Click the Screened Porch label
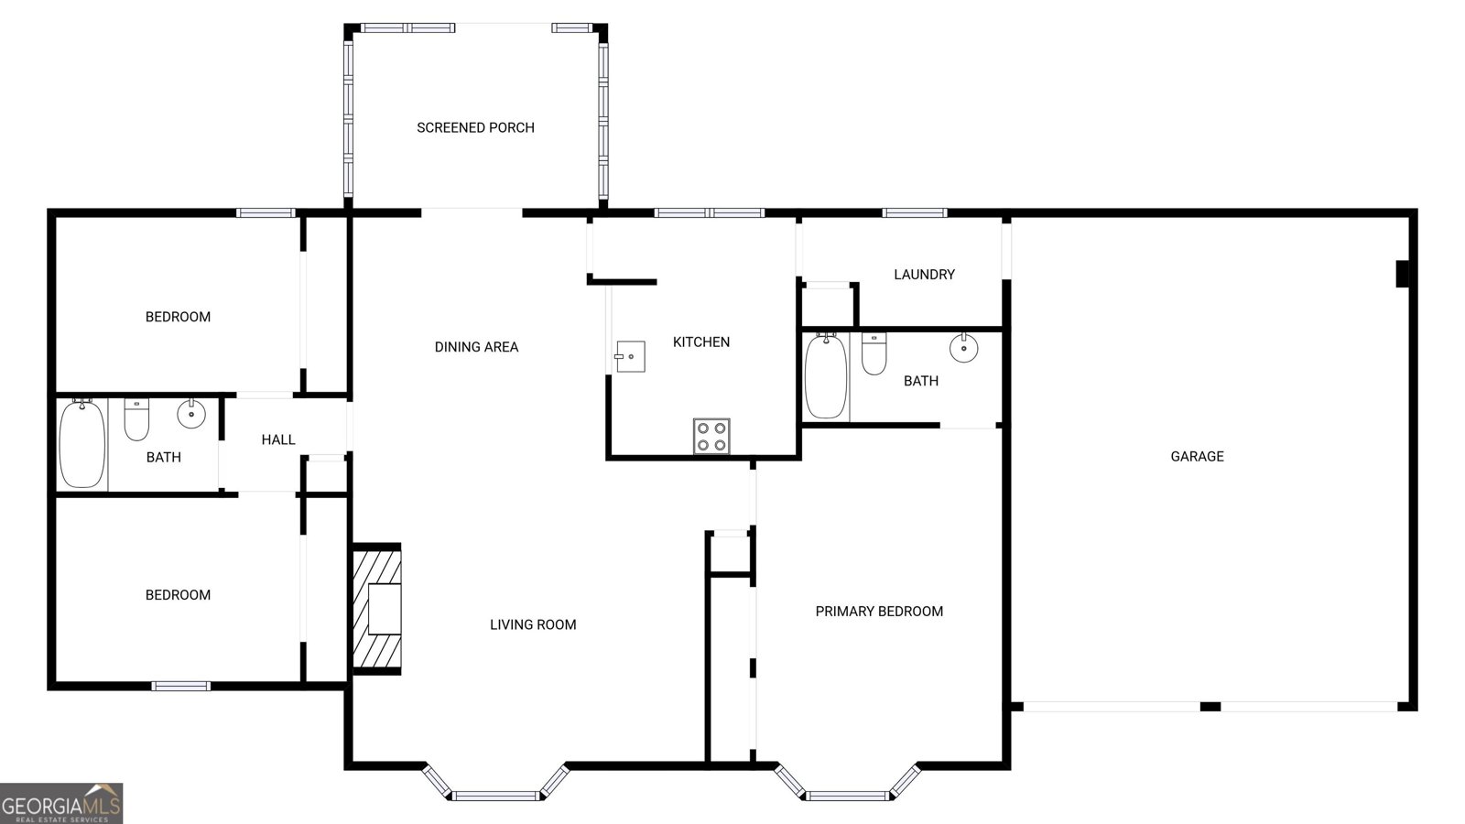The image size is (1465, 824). [x=475, y=128]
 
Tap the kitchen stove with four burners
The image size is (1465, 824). [x=711, y=436]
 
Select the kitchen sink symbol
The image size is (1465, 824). [x=630, y=356]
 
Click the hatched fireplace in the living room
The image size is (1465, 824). [x=376, y=610]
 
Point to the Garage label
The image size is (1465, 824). [x=1197, y=456]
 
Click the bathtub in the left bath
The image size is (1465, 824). [x=82, y=445]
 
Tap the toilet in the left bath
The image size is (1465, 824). [x=136, y=419]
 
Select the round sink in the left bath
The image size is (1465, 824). [x=191, y=414]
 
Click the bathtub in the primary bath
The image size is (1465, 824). [x=826, y=376]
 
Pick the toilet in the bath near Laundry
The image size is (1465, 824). [x=874, y=354]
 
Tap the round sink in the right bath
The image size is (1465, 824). [x=963, y=348]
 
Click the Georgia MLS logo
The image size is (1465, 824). [x=61, y=804]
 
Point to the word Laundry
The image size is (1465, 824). [x=924, y=275]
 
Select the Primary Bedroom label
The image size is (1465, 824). [x=879, y=612]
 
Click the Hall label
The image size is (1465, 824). [x=278, y=440]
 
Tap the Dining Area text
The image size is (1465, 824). [x=476, y=347]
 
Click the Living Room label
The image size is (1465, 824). [x=533, y=625]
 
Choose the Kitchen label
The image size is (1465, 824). [x=701, y=342]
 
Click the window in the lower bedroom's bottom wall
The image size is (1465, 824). [x=181, y=686]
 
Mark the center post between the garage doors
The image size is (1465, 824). [x=1210, y=707]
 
